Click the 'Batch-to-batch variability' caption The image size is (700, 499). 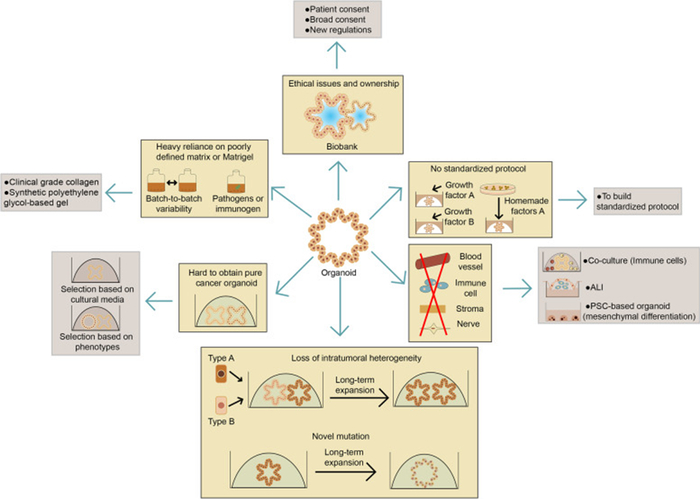[x=184, y=202]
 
